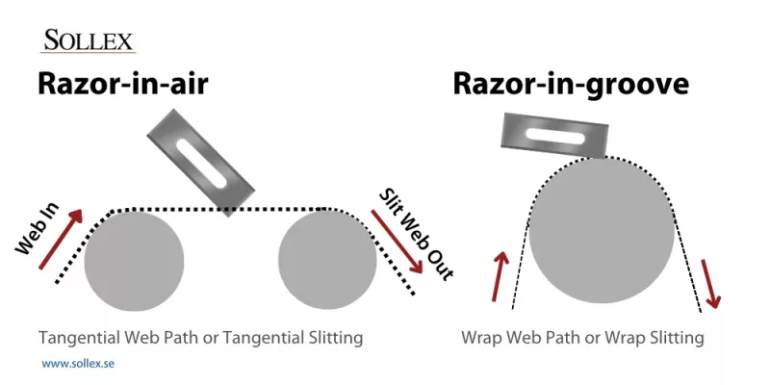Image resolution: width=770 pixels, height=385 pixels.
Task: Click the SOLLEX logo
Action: click(x=89, y=41)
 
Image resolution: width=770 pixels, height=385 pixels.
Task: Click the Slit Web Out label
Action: click(x=413, y=232)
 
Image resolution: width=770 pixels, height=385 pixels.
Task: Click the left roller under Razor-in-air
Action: click(x=134, y=261)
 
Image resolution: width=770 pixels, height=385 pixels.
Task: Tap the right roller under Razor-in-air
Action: click(x=327, y=261)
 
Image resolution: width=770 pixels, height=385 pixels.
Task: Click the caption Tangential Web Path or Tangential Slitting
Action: click(x=201, y=338)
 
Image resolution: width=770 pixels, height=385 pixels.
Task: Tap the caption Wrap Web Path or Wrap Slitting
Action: click(x=583, y=338)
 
